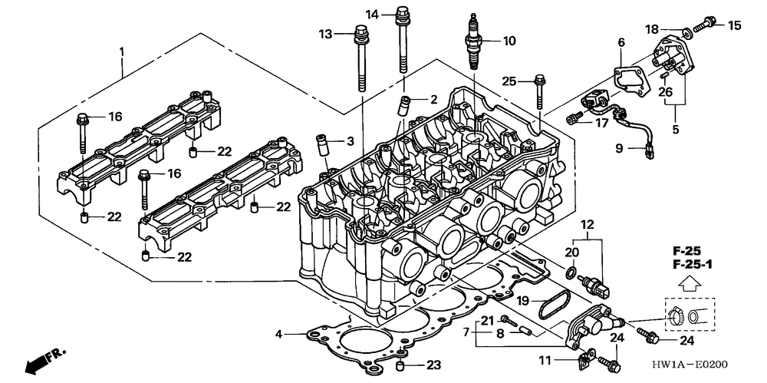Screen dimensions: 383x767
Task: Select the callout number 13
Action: coord(326,34)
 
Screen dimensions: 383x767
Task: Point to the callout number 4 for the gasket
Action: coord(280,334)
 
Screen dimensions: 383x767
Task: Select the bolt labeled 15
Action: coord(709,23)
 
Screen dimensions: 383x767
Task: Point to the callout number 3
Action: coord(349,141)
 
